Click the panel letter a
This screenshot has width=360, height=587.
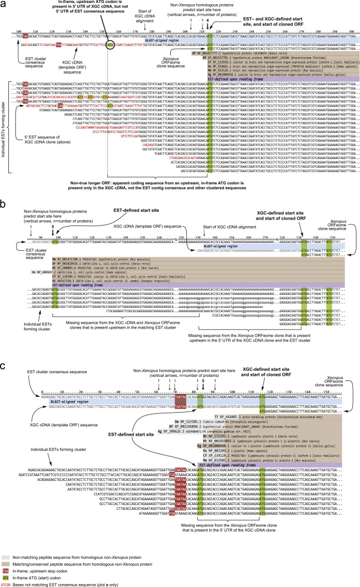(x=4, y=4)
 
